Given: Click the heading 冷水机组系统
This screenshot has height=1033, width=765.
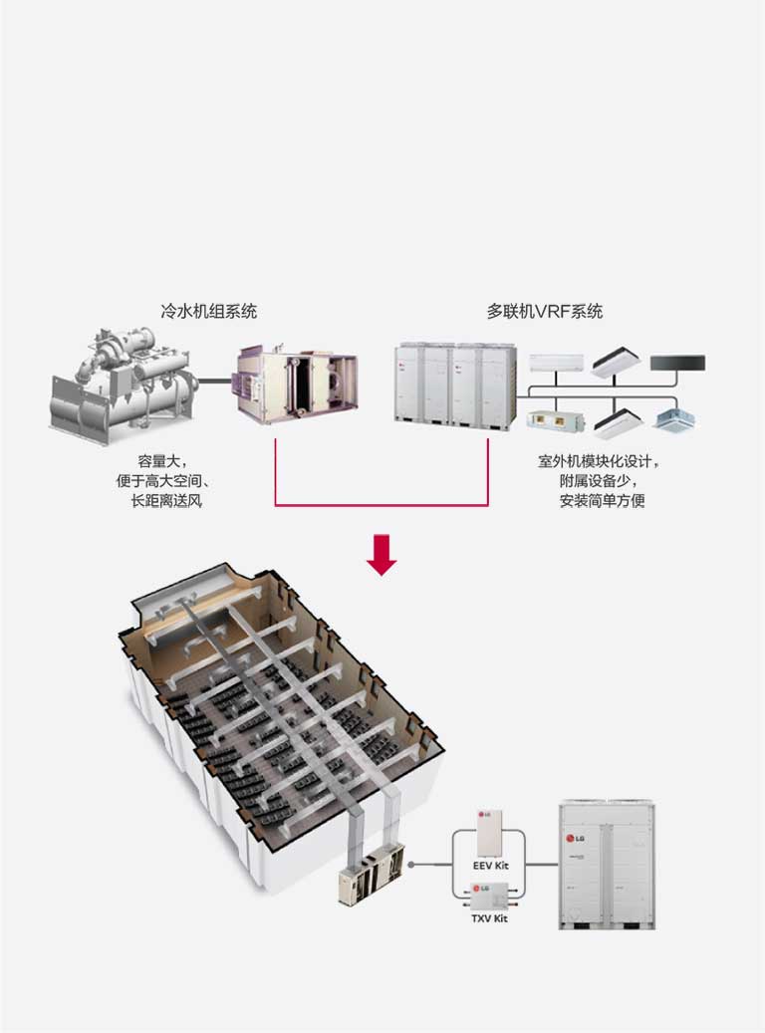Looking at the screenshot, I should click(208, 311).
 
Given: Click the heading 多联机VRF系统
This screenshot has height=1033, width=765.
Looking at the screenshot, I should click(544, 311).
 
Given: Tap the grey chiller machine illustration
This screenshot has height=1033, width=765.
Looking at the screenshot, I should click(120, 384).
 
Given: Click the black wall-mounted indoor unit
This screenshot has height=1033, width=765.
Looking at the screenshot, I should click(677, 364).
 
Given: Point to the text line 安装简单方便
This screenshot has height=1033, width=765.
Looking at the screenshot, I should click(602, 501).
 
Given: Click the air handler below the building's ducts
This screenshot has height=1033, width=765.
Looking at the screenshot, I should click(371, 876).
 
